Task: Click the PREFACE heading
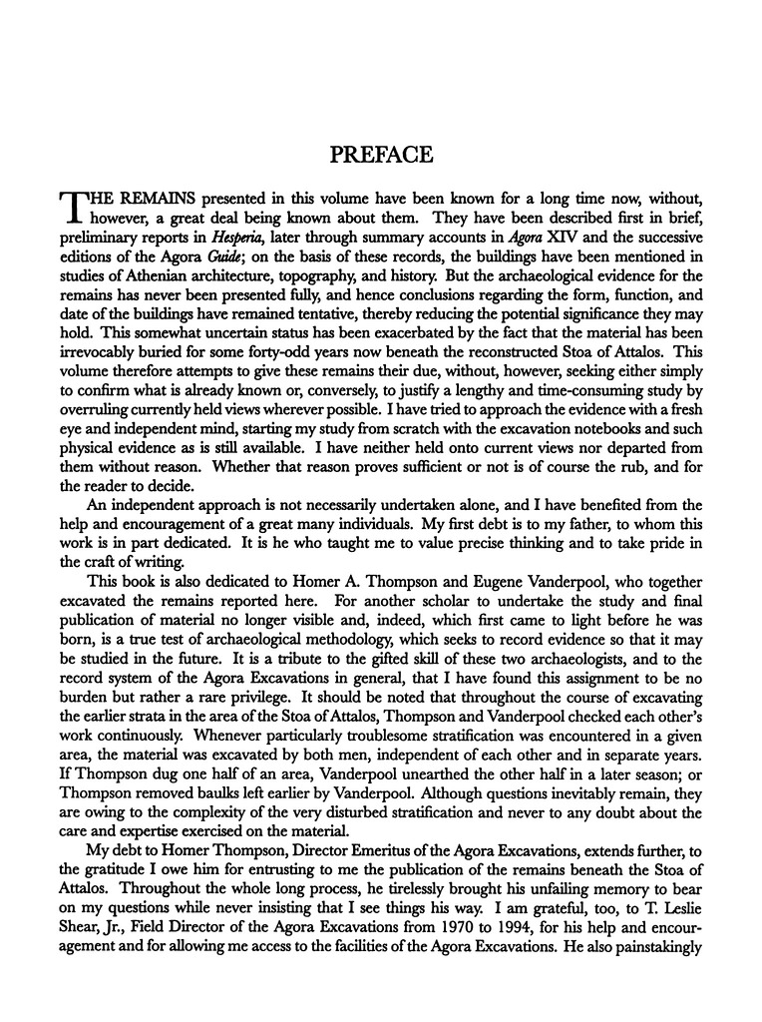[x=380, y=156]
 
